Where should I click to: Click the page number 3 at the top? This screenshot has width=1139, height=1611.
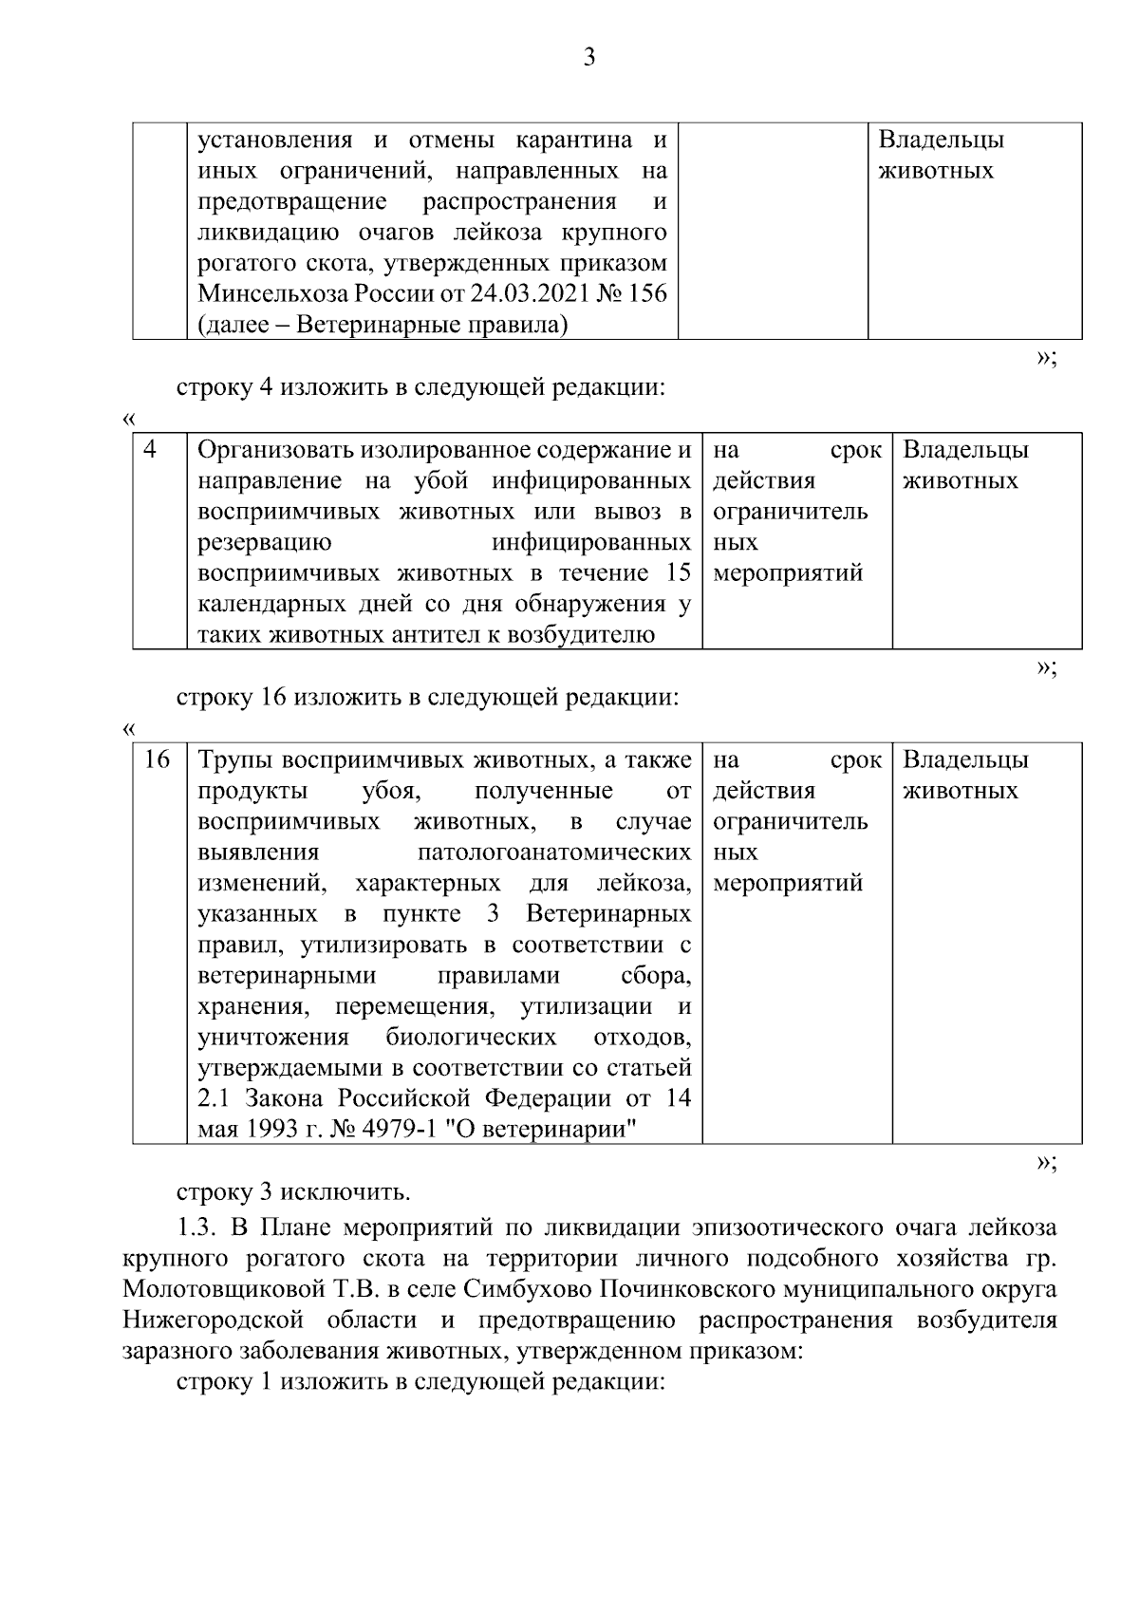[588, 58]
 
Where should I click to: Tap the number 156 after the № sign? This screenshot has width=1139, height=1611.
[646, 294]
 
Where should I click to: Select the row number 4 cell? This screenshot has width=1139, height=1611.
[150, 449]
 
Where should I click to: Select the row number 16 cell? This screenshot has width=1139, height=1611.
[156, 759]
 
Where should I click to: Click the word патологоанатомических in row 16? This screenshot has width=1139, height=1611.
[554, 852]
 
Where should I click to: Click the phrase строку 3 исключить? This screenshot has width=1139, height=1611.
[293, 1191]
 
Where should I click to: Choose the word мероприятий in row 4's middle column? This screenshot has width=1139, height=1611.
[788, 573]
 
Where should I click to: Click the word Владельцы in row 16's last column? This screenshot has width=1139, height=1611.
[965, 759]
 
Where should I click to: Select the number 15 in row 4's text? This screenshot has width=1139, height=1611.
[678, 573]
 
